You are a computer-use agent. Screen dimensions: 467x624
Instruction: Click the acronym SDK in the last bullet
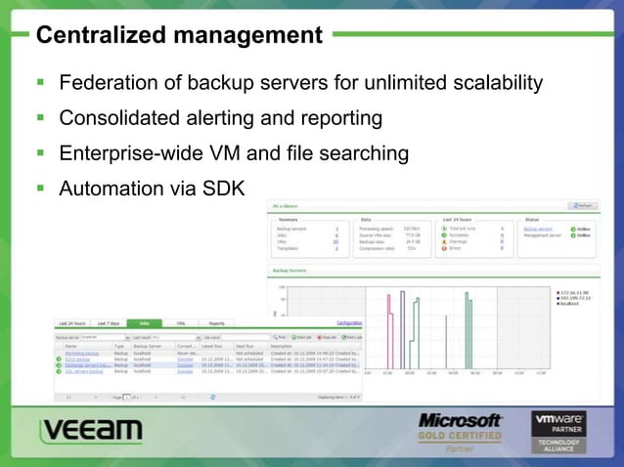tap(224, 188)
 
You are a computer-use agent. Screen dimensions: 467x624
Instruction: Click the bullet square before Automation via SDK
tap(41, 187)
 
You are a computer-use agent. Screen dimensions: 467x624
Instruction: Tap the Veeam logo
tap(91, 431)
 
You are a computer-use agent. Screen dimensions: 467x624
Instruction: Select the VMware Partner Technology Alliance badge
tap(558, 431)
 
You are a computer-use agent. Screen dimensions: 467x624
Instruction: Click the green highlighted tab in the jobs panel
tap(145, 322)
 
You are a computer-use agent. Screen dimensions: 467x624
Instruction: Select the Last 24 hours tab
tap(72, 322)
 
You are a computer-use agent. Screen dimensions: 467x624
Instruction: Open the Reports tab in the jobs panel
tap(217, 322)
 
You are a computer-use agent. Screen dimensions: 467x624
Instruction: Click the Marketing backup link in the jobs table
tap(82, 353)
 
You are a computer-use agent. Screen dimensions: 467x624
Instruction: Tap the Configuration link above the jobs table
tap(349, 322)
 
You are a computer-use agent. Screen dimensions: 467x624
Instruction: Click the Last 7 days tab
tap(109, 322)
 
